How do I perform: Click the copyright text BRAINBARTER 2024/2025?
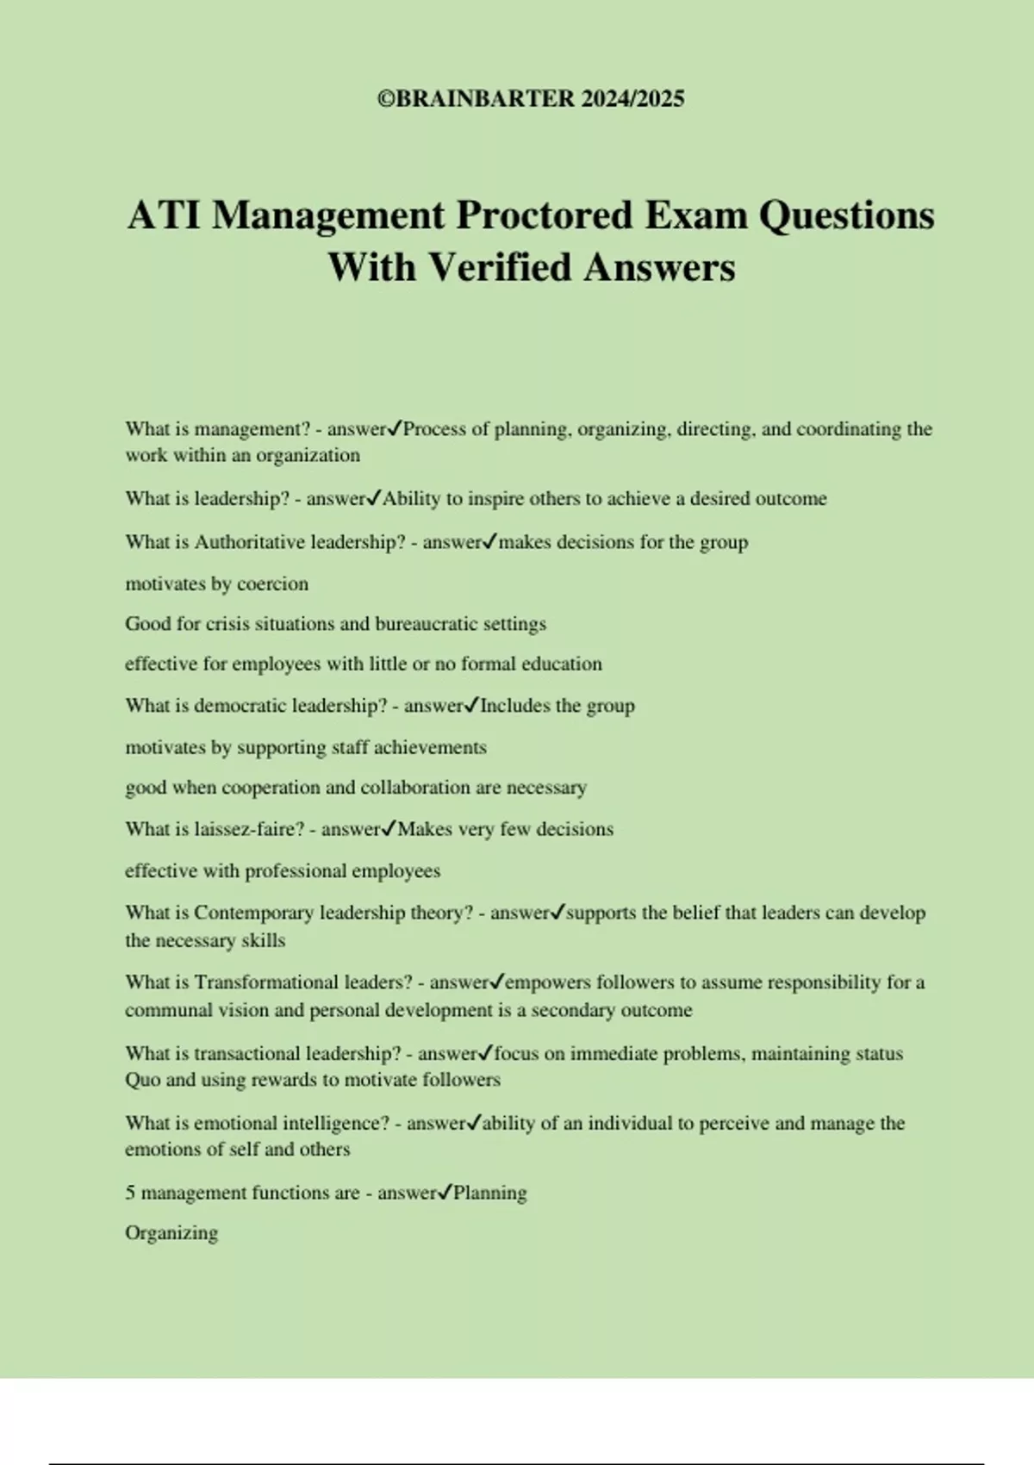[x=531, y=99]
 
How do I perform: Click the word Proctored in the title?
[x=547, y=215]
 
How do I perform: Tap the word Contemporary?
[x=253, y=913]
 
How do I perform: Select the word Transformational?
[x=266, y=982]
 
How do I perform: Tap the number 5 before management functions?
[x=130, y=1193]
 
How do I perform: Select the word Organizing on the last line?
[x=171, y=1233]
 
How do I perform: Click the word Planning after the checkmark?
[x=490, y=1193]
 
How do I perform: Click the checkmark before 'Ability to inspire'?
[x=374, y=498]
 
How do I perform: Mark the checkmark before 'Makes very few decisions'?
[x=389, y=829]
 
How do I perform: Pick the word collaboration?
[x=417, y=788]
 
